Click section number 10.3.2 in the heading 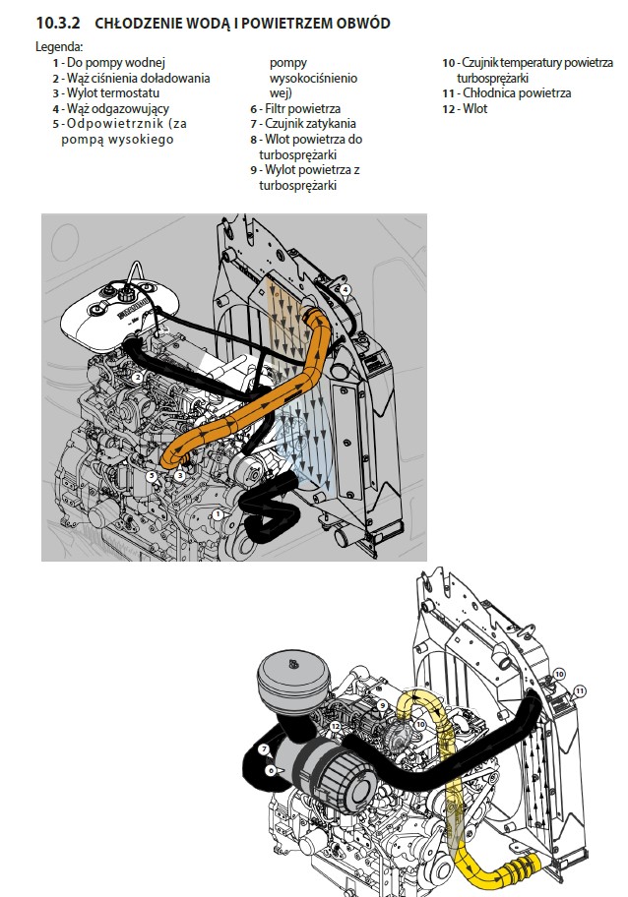pyautogui.click(x=58, y=24)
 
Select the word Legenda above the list pyautogui.click(x=59, y=47)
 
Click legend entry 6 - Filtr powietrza pyautogui.click(x=295, y=109)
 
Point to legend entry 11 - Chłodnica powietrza pyautogui.click(x=506, y=93)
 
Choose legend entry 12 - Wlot pyautogui.click(x=465, y=109)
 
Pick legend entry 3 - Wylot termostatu pyautogui.click(x=106, y=93)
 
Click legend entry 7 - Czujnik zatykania pyautogui.click(x=303, y=124)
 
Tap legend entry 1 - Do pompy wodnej pyautogui.click(x=109, y=62)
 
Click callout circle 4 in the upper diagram pyautogui.click(x=345, y=289)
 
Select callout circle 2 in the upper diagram pyautogui.click(x=137, y=378)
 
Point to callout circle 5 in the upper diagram pyautogui.click(x=152, y=475)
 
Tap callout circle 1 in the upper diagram pyautogui.click(x=217, y=514)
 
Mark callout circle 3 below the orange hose pyautogui.click(x=180, y=475)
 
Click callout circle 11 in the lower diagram pyautogui.click(x=580, y=691)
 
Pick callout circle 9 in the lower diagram pyautogui.click(x=383, y=706)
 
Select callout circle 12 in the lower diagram pyautogui.click(x=336, y=726)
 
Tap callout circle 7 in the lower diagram pyautogui.click(x=264, y=749)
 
